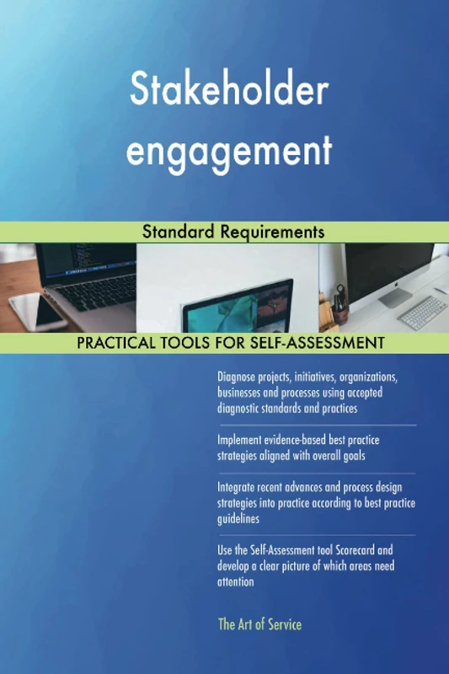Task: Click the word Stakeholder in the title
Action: (x=228, y=91)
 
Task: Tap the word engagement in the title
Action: (x=228, y=152)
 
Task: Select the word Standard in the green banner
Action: (x=175, y=231)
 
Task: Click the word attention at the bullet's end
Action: (x=236, y=582)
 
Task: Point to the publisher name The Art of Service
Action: (x=259, y=624)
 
